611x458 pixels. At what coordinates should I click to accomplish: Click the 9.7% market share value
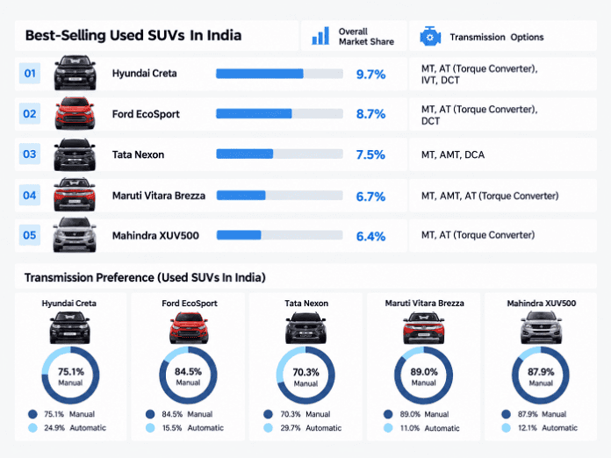(370, 74)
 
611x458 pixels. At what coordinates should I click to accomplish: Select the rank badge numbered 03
(30, 154)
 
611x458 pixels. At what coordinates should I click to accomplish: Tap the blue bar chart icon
(320, 36)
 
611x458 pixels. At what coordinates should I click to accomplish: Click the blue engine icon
(430, 37)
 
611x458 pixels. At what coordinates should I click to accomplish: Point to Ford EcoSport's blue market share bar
(254, 114)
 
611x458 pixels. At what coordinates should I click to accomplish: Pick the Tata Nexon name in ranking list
(138, 154)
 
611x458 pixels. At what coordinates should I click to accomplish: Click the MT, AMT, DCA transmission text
(453, 154)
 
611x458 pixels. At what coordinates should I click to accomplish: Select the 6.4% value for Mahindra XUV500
(370, 236)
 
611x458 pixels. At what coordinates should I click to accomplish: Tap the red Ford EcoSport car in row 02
(75, 113)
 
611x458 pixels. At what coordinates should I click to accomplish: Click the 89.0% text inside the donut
(423, 372)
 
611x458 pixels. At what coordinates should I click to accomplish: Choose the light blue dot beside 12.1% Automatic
(506, 427)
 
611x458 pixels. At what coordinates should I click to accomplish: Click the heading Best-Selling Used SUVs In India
(133, 35)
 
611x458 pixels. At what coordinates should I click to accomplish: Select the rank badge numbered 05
(30, 235)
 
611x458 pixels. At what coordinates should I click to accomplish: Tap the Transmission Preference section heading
(145, 277)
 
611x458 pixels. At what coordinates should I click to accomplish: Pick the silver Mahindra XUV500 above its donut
(541, 328)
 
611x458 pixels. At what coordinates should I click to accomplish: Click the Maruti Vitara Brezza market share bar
(241, 195)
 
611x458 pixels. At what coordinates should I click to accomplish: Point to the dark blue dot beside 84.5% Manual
(150, 414)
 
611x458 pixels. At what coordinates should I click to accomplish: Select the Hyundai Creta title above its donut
(69, 303)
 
